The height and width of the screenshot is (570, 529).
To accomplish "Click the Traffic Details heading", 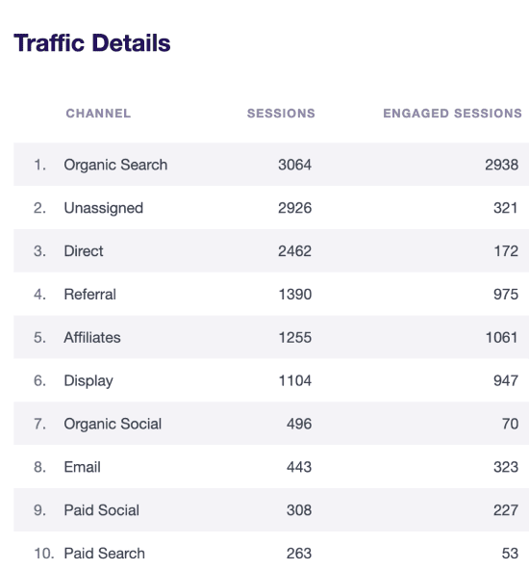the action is click(x=92, y=43).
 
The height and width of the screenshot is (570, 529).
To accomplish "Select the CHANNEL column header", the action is click(x=98, y=114).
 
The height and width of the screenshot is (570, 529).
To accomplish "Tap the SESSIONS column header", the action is click(x=281, y=114).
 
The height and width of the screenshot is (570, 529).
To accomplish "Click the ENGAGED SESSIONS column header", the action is click(x=452, y=114).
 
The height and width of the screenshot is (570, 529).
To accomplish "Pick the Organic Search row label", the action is click(x=115, y=165).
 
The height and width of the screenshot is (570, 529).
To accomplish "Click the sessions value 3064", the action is click(x=295, y=165).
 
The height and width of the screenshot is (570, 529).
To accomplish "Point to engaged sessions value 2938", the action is click(x=501, y=165).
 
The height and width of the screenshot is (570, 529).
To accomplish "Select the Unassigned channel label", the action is click(x=104, y=208).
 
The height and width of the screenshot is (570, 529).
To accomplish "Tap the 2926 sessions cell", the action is click(x=295, y=208).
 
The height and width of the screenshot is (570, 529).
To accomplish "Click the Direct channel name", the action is click(x=84, y=251).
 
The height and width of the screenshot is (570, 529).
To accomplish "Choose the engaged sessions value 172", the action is click(x=506, y=251).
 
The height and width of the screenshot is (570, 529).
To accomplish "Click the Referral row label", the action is click(x=90, y=295).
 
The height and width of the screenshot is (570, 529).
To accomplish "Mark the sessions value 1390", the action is click(x=295, y=295).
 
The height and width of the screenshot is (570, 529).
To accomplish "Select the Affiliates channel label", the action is click(x=92, y=338).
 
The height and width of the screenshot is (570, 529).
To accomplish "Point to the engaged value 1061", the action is click(x=501, y=338).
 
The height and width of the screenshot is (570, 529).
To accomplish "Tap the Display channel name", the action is click(x=88, y=381).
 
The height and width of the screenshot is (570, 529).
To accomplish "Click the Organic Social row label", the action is click(x=113, y=425).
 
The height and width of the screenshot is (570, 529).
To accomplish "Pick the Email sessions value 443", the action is click(x=299, y=467).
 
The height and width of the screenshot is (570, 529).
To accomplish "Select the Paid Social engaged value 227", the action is click(x=506, y=510).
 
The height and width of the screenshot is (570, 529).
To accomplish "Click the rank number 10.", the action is click(x=43, y=554).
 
